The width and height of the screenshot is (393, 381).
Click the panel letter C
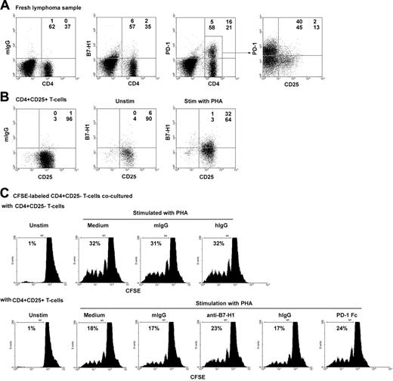click(7, 200)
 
